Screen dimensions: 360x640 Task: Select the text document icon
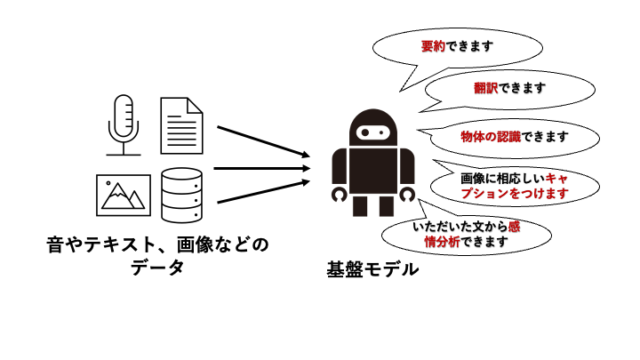[180, 124]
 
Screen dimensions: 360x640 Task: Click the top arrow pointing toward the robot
[262, 142]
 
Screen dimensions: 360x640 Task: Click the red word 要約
[434, 45]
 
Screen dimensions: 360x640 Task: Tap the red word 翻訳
[485, 89]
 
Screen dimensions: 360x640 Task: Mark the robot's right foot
[386, 206]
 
